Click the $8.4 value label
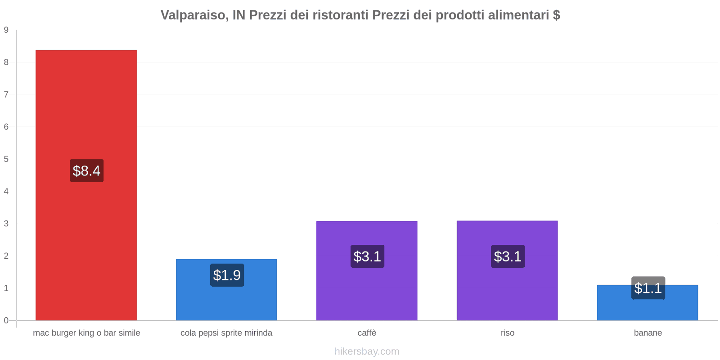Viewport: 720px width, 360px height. (86, 171)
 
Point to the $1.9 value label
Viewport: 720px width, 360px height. (227, 275)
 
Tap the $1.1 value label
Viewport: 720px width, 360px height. (648, 288)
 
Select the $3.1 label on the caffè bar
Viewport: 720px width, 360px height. (367, 256)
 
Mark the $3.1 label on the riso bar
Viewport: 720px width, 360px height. (508, 256)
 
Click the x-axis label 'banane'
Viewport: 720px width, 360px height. (648, 333)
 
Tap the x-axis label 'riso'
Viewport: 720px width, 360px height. (507, 333)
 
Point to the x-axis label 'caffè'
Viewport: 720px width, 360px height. (367, 333)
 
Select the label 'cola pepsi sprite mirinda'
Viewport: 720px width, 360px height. (226, 333)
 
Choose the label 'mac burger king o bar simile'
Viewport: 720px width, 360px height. (86, 333)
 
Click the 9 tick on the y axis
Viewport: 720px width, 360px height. (6, 30)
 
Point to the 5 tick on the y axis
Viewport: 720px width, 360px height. (6, 159)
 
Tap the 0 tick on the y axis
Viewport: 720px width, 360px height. (6, 320)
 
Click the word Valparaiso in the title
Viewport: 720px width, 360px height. (193, 15)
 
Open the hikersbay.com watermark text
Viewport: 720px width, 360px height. (367, 351)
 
